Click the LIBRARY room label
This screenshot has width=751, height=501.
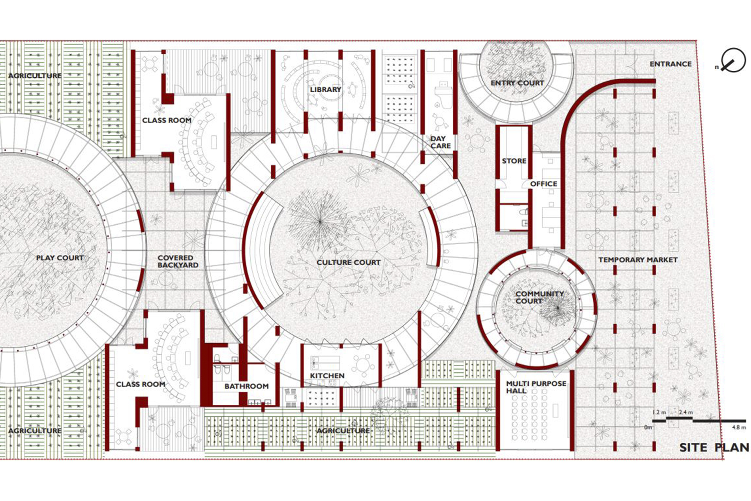pos(325,89)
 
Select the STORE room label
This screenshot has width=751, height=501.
pos(514,161)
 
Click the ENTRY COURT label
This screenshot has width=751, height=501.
pos(517,83)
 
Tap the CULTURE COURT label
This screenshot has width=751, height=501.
pos(348,262)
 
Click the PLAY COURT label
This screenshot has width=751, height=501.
pos(60,258)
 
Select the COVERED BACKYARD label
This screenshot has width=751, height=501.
pos(177,261)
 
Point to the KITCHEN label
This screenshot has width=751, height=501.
pos(327,376)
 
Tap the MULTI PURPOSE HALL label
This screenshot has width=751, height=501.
pos(536,387)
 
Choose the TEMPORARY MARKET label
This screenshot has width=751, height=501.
pos(638,260)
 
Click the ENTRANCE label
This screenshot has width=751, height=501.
pos(671,64)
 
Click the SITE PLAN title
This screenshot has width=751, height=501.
pos(714,448)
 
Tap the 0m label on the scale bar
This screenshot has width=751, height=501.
pos(648,427)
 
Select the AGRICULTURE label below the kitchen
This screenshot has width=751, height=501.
pos(343,431)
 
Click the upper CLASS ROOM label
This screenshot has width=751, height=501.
pos(166,120)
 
